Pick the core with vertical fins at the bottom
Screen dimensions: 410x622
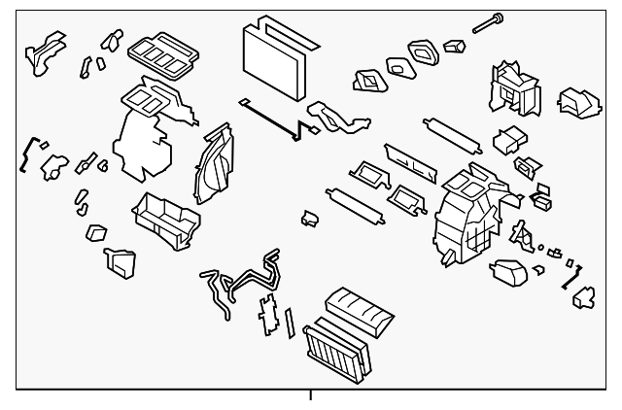coord(333,349)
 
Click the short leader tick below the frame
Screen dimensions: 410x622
coord(311,394)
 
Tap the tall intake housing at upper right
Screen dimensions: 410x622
coord(512,88)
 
